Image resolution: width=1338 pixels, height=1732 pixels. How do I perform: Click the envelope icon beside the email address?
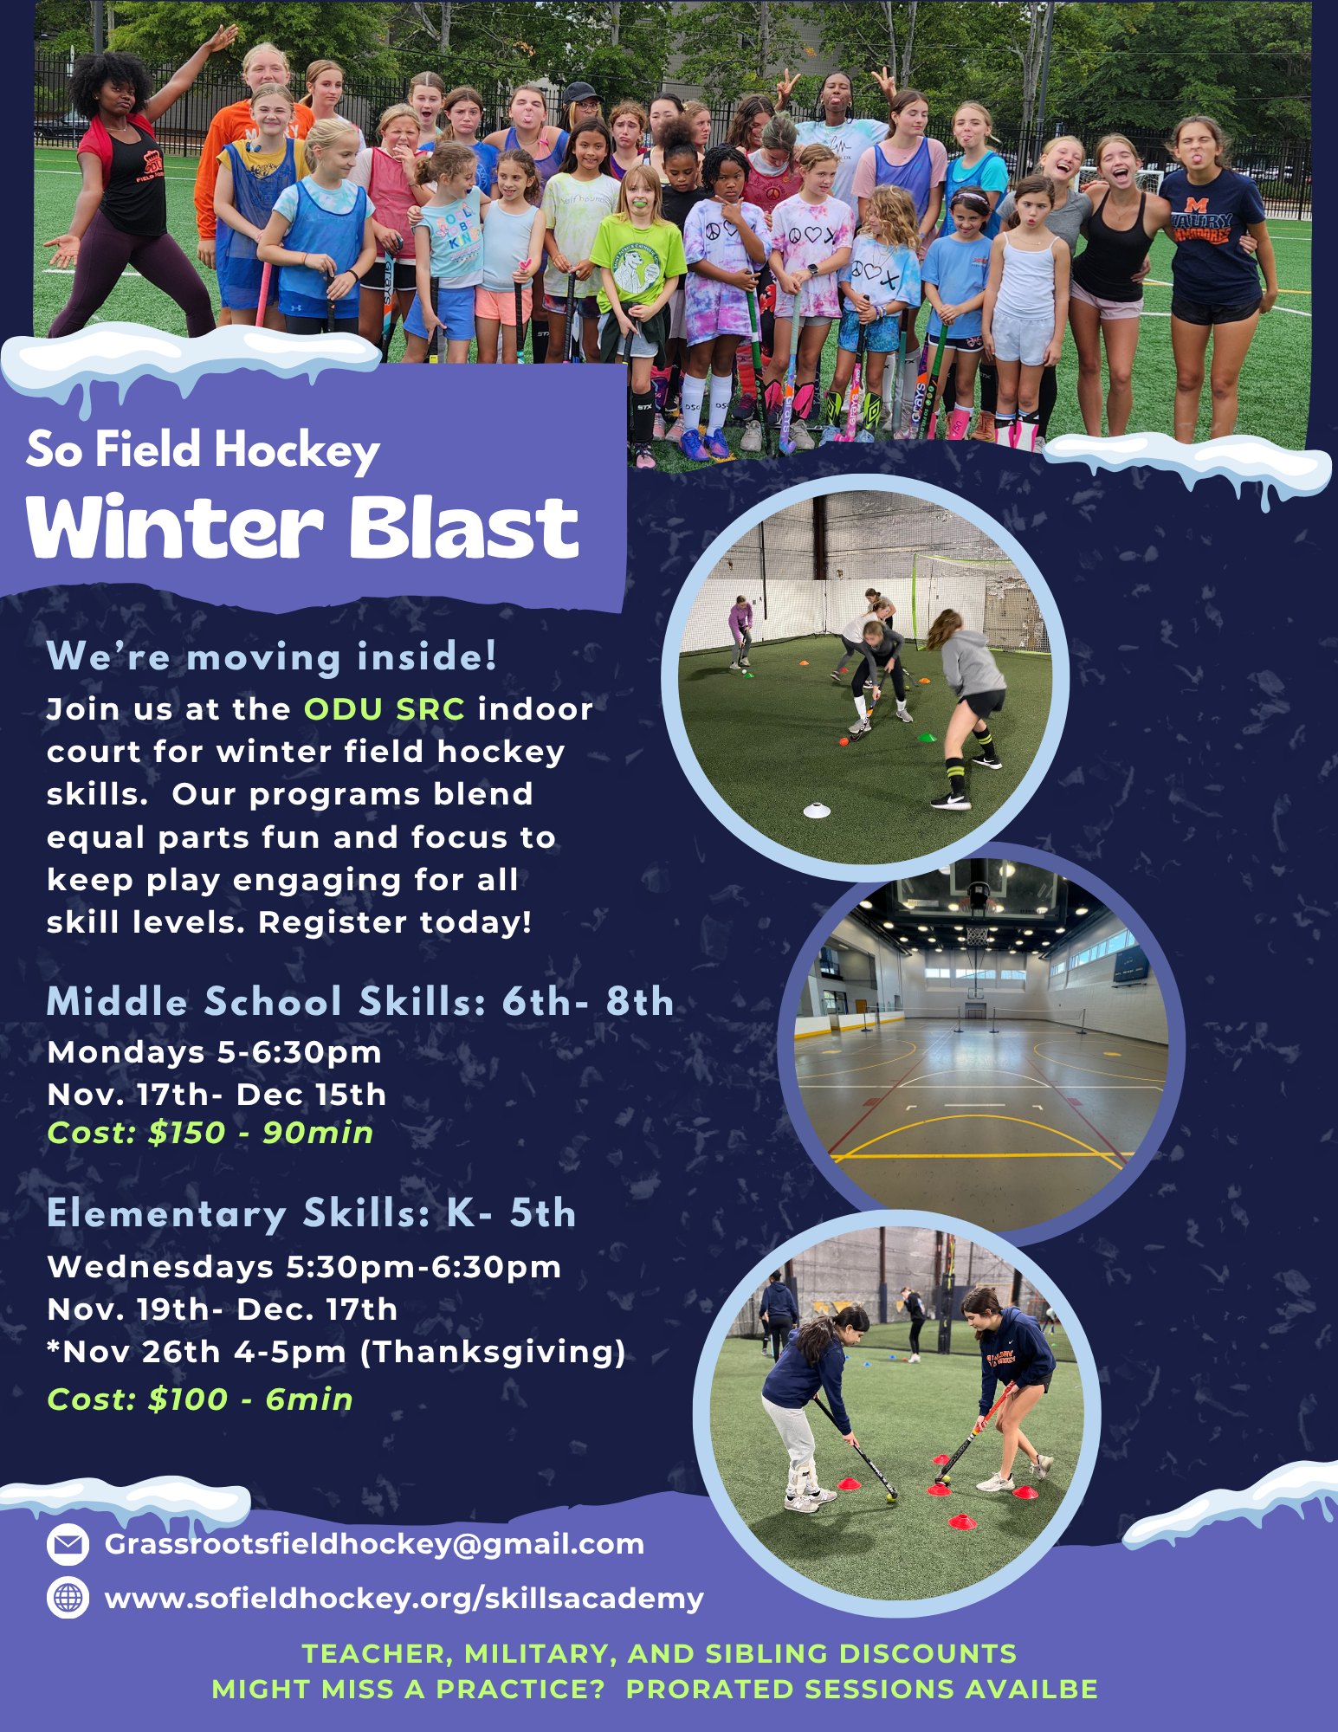(x=68, y=1544)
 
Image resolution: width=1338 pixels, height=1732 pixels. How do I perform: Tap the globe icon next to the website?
(x=68, y=1598)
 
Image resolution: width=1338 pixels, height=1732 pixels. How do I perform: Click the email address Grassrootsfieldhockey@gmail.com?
(x=374, y=1544)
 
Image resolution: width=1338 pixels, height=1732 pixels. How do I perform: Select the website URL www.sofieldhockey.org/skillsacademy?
(x=404, y=1599)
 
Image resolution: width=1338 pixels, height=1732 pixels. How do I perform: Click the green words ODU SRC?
(x=385, y=709)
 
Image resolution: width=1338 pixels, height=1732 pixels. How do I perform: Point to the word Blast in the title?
(x=463, y=528)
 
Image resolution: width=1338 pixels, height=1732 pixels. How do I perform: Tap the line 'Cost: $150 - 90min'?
(x=210, y=1133)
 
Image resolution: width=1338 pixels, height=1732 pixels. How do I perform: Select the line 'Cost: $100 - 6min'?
(x=200, y=1399)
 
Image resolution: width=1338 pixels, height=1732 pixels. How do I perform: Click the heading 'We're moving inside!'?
(x=272, y=656)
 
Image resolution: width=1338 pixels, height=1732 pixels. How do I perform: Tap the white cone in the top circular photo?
(x=817, y=811)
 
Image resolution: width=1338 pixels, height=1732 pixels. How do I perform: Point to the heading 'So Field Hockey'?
(x=203, y=450)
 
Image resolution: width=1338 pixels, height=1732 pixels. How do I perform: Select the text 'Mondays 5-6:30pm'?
(x=215, y=1052)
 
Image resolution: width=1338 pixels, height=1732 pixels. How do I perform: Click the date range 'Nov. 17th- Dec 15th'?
(x=217, y=1095)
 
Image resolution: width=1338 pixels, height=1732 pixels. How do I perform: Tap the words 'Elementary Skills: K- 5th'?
(x=312, y=1213)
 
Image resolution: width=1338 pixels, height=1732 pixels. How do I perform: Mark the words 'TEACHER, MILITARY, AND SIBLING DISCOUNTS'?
(x=659, y=1654)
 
